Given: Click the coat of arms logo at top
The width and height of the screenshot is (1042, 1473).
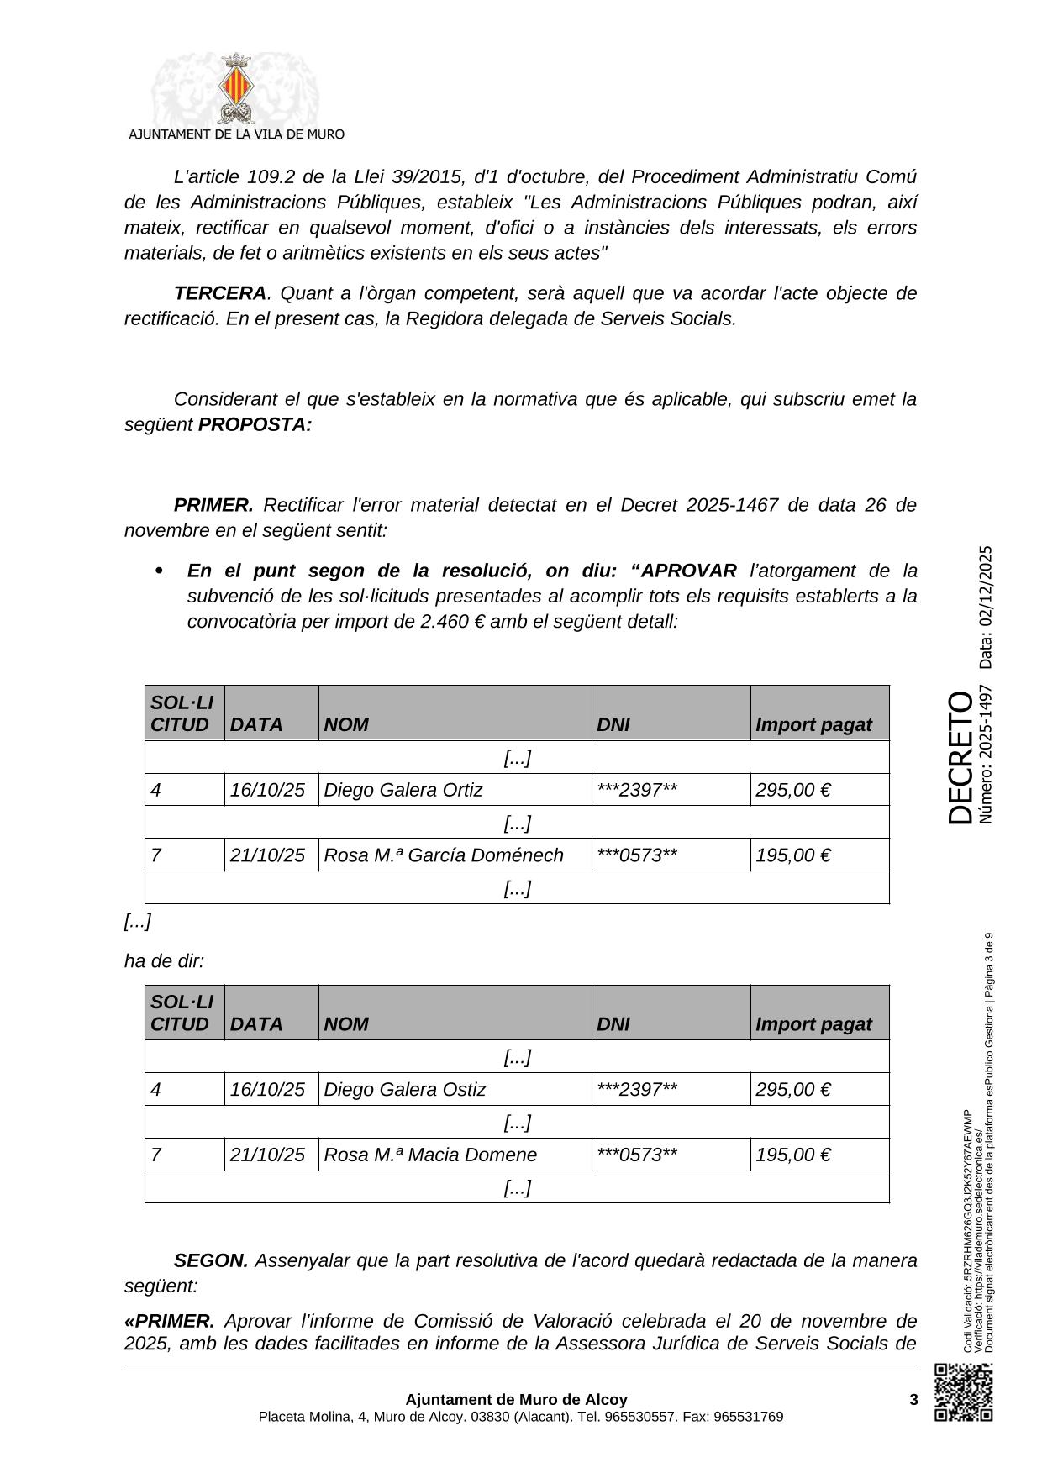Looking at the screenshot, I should click(235, 89).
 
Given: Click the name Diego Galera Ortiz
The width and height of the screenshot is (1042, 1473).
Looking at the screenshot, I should click(403, 790).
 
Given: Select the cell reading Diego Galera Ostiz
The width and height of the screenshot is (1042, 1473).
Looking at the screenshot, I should click(405, 1090).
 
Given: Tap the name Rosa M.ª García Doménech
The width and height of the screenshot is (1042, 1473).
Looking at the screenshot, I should click(444, 855).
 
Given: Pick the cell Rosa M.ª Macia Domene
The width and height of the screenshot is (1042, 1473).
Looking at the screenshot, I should click(430, 1155).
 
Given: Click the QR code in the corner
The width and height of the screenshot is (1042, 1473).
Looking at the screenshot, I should click(964, 1392).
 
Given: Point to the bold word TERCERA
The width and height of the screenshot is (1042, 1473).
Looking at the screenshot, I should click(219, 293).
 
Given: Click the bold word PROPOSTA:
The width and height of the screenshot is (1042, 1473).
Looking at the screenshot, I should click(255, 424).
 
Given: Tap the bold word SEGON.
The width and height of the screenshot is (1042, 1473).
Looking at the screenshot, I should click(211, 1260).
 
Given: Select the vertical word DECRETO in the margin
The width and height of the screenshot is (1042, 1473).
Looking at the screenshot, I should click(960, 757).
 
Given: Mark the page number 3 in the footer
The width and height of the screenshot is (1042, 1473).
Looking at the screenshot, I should click(913, 1400).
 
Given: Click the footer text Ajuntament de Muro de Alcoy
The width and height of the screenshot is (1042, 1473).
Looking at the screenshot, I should click(516, 1400).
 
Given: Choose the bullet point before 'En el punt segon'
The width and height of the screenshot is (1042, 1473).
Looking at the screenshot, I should click(159, 571).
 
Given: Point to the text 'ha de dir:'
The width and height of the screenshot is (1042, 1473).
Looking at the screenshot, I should click(164, 960).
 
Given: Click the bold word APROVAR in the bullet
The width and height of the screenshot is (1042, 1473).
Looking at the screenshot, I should click(688, 571).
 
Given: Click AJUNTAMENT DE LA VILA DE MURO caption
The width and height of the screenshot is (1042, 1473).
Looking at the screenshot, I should click(236, 134).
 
